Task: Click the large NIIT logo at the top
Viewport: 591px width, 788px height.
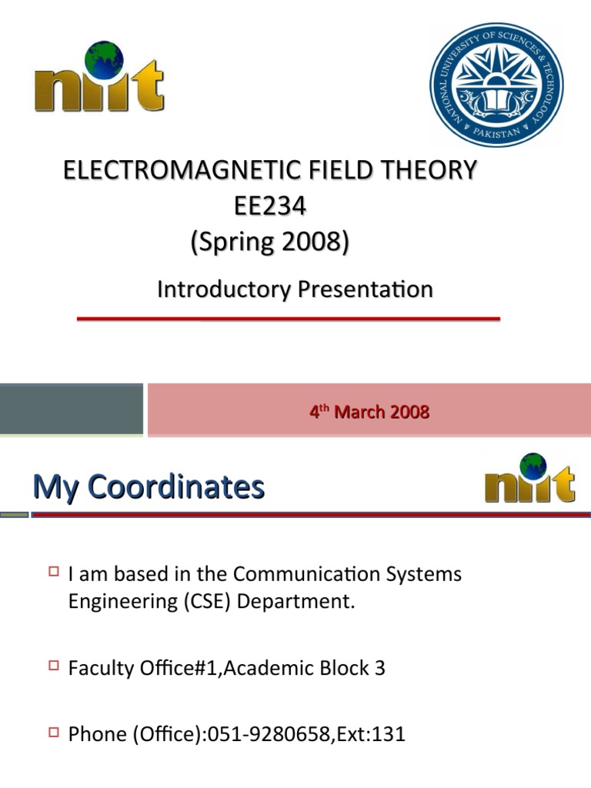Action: click(98, 78)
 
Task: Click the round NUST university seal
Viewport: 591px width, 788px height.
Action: click(496, 85)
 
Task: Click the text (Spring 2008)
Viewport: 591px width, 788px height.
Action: click(269, 242)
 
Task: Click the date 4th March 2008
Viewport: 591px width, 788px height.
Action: click(369, 412)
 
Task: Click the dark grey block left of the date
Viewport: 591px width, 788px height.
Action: click(71, 409)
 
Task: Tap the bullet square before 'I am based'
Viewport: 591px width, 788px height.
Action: click(53, 572)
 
